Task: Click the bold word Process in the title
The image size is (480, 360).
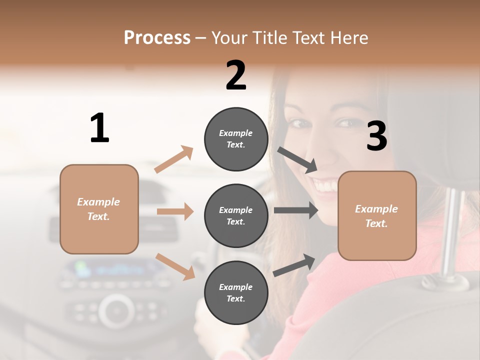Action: click(x=157, y=37)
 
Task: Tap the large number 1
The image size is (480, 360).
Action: click(x=99, y=128)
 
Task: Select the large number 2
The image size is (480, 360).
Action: click(x=236, y=75)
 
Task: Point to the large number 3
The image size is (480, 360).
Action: click(x=376, y=136)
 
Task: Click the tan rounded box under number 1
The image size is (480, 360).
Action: click(x=99, y=209)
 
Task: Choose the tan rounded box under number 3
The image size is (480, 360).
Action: click(x=377, y=215)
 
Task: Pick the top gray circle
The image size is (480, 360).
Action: click(x=236, y=138)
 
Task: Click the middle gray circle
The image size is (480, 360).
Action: click(x=236, y=215)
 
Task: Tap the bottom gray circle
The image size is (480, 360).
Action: click(x=236, y=292)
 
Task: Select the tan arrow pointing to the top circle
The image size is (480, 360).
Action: click(x=174, y=159)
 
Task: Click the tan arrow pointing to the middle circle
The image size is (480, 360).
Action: click(x=175, y=211)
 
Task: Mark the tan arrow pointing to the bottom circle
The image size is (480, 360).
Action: click(x=175, y=266)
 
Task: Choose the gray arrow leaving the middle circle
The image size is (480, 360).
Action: click(x=295, y=210)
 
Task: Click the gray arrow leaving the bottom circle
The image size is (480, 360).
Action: click(x=294, y=265)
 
